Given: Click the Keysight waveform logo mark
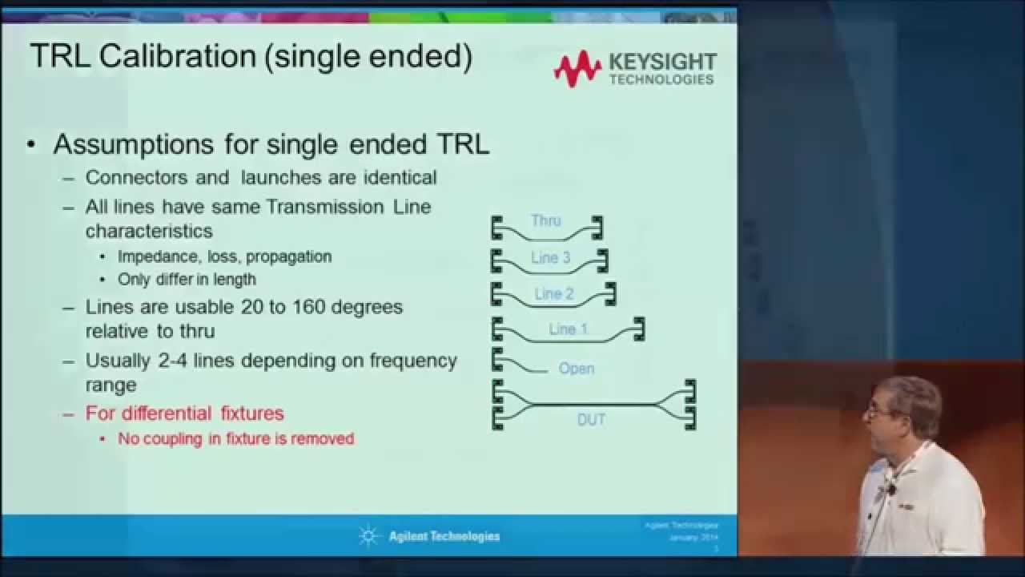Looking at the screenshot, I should pyautogui.click(x=577, y=69).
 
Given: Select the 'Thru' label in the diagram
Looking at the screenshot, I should pyautogui.click(x=546, y=220).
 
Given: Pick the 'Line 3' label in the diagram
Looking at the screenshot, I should pyautogui.click(x=550, y=258).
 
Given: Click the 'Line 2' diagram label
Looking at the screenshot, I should pyautogui.click(x=554, y=293).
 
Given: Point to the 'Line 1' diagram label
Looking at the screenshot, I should pyautogui.click(x=569, y=329).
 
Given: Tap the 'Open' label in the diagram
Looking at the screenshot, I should pyautogui.click(x=577, y=369).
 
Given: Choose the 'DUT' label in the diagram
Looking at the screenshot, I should pyautogui.click(x=591, y=419).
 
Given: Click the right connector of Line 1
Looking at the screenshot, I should pyautogui.click(x=638, y=329).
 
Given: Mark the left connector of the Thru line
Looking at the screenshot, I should pyautogui.click(x=497, y=228).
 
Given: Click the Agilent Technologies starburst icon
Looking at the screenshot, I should pyautogui.click(x=369, y=536).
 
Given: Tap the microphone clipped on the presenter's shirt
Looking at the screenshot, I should pyautogui.click(x=890, y=488).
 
